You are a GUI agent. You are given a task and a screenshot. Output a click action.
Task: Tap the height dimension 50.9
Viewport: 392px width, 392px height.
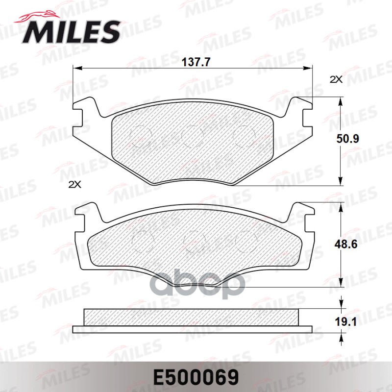click(x=349, y=139)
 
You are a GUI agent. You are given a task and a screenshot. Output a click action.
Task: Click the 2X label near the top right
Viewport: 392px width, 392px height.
click(x=336, y=79)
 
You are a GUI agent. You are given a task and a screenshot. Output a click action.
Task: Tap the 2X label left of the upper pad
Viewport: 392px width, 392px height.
click(x=74, y=184)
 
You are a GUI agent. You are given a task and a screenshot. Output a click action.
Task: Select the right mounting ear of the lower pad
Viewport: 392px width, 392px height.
click(x=300, y=216)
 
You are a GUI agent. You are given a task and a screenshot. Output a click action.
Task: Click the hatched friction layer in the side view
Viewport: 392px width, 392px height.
click(x=191, y=317)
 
